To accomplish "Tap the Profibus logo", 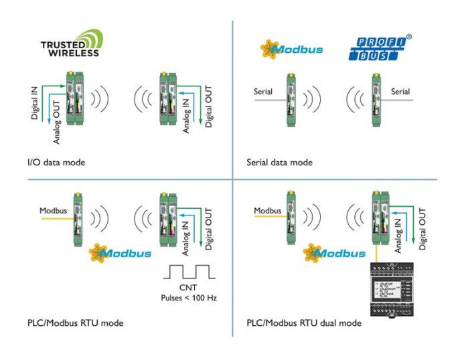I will click(x=375, y=49).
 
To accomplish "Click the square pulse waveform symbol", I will click(x=188, y=272).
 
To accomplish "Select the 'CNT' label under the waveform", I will click(x=188, y=286).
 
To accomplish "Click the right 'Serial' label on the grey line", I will click(x=400, y=91).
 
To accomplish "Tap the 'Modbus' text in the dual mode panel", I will click(x=268, y=211).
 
